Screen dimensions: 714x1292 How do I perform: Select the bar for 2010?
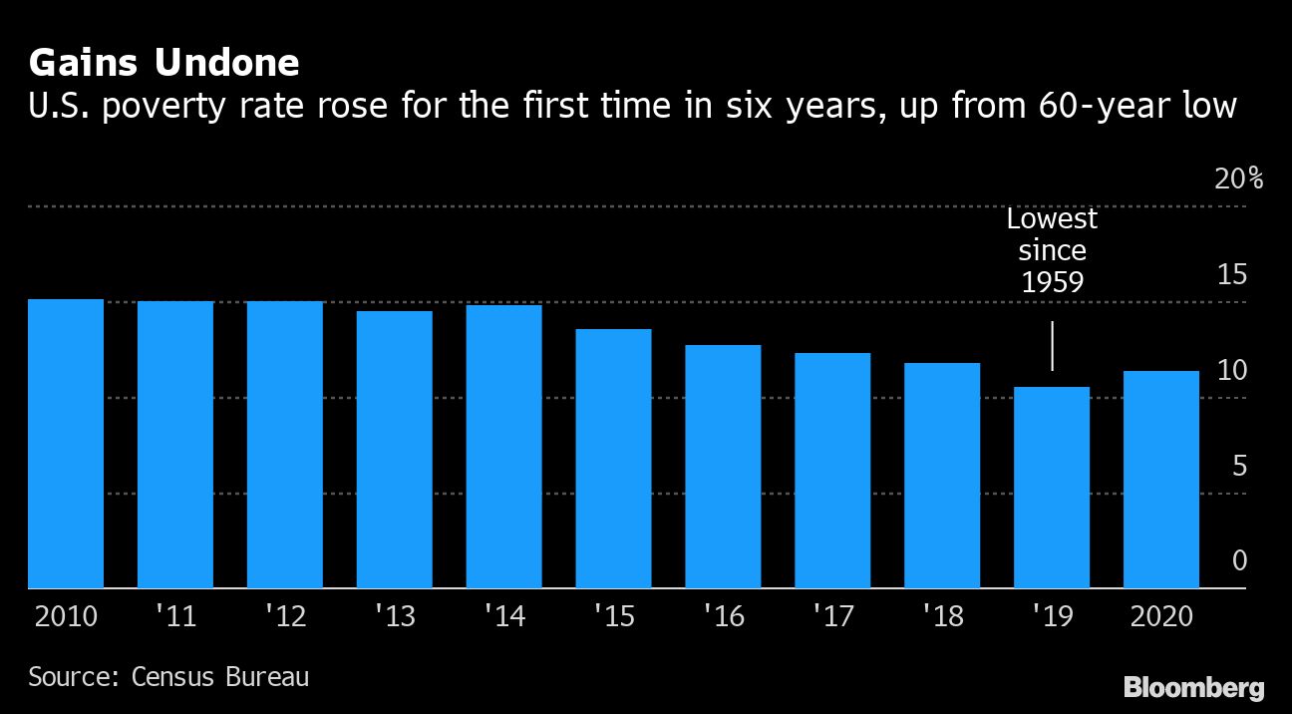pos(66,444)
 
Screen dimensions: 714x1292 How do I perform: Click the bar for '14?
pos(503,447)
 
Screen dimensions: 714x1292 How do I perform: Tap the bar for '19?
pos(1052,488)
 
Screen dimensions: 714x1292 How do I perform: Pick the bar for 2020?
pos(1161,480)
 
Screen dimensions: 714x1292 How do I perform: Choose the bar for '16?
pos(723,467)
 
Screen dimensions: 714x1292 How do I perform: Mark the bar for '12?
pos(285,445)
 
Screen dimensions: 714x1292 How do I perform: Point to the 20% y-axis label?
pos(1238,179)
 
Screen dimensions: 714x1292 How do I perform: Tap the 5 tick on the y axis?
pos(1239,466)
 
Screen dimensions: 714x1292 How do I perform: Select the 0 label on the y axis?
pos(1239,561)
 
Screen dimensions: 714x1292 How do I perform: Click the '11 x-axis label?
pos(174,616)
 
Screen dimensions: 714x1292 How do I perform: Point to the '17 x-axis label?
pos(832,616)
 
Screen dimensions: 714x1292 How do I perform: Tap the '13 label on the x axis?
pos(394,616)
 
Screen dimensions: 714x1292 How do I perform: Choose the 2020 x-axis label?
pos(1162,616)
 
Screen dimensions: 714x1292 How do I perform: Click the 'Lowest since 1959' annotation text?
pos(1052,250)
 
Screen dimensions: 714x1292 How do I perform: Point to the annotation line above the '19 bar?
pos(1053,345)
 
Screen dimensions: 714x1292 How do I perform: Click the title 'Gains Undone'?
pos(164,64)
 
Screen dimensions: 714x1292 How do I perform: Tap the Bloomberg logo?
pos(1193,687)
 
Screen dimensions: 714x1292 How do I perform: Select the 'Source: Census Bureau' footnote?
pos(168,677)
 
